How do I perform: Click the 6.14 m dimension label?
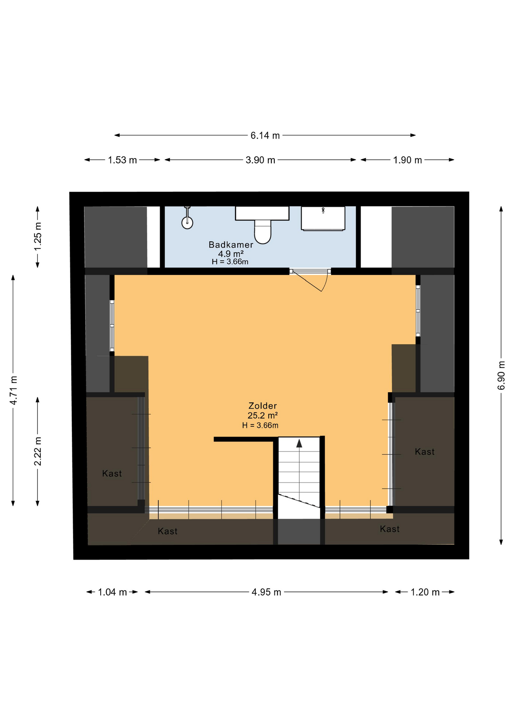coord(265,136)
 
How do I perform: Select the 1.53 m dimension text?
coord(122,160)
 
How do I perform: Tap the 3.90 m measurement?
coord(260,160)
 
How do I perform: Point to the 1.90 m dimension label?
coord(407,160)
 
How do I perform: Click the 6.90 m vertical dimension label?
coord(501,375)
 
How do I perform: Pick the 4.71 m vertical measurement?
coord(14,390)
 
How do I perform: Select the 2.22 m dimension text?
coord(38,451)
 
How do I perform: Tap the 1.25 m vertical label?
coord(38,236)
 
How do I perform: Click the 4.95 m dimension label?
coord(266,592)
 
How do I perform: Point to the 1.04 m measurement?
coord(112,592)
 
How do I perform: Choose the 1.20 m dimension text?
coord(425,592)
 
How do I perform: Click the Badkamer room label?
coord(231,245)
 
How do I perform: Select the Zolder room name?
coord(262,406)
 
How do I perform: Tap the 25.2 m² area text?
coord(262,416)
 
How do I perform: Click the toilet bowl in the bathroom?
coord(263,231)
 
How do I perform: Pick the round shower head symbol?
coord(187,223)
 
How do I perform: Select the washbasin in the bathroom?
coord(323,218)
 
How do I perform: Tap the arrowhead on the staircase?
coord(299,443)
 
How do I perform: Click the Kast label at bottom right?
coord(389,529)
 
